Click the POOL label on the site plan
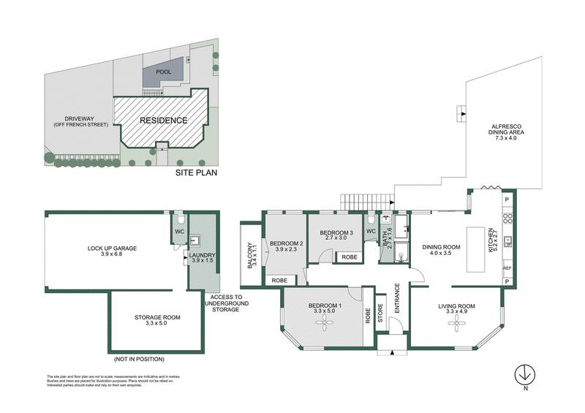(163, 72)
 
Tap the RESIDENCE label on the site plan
(164, 121)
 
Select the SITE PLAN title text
(197, 173)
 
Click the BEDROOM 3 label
(337, 234)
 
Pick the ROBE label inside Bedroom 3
(349, 257)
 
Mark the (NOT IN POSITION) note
(139, 359)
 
